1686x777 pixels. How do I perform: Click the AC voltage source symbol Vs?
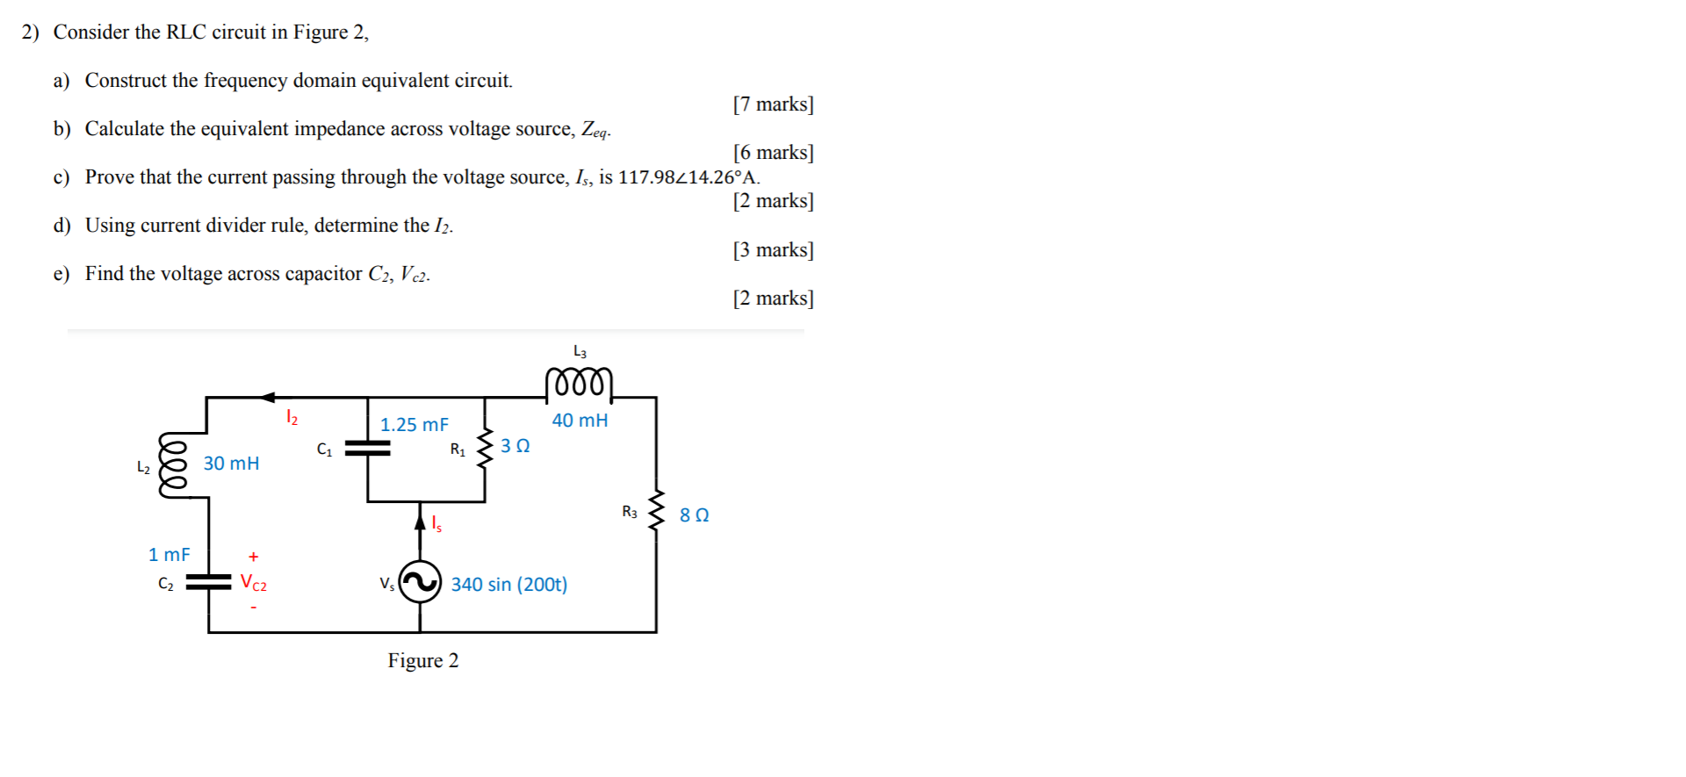tap(420, 582)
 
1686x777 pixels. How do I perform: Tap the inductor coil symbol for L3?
tap(579, 384)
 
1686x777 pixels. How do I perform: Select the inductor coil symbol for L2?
tap(172, 464)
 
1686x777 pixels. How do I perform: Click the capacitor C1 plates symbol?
tap(367, 448)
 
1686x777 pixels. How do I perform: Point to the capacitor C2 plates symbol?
tap(208, 582)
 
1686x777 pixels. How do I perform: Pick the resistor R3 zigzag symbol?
tap(656, 511)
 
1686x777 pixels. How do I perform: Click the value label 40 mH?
tap(580, 421)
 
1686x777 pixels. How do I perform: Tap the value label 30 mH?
tap(231, 464)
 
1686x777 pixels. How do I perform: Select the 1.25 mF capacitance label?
tap(414, 425)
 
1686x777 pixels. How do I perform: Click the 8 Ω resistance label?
tap(694, 515)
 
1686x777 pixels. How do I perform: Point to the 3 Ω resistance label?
tap(515, 446)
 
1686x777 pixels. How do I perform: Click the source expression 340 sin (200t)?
tap(508, 585)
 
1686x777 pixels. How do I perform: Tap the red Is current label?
tap(436, 524)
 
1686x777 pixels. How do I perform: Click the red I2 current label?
tap(292, 418)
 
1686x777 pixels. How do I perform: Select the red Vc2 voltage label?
tap(254, 583)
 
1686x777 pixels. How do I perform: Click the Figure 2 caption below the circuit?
tap(423, 661)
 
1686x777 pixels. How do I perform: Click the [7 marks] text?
tap(773, 104)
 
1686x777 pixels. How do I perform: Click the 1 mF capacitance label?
tap(169, 555)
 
